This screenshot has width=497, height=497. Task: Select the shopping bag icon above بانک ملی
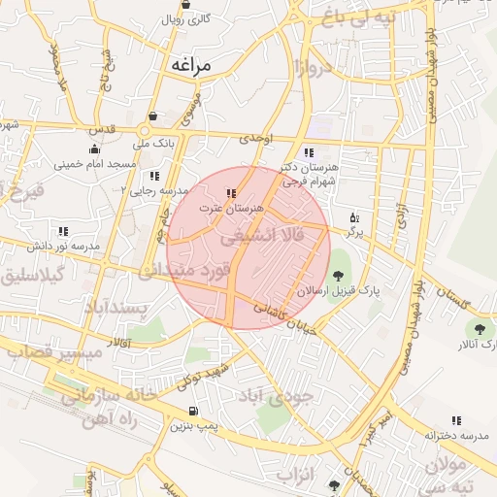point(153,115)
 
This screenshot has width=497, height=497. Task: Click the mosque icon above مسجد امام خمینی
point(93,149)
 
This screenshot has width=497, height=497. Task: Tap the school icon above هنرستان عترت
point(231,193)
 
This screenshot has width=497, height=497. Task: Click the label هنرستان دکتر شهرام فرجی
point(310,173)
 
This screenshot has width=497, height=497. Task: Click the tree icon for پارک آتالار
point(478,330)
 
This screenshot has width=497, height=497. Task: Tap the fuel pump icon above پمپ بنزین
point(194,412)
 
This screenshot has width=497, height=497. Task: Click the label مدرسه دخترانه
point(454,435)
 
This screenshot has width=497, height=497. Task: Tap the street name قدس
point(102,128)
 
